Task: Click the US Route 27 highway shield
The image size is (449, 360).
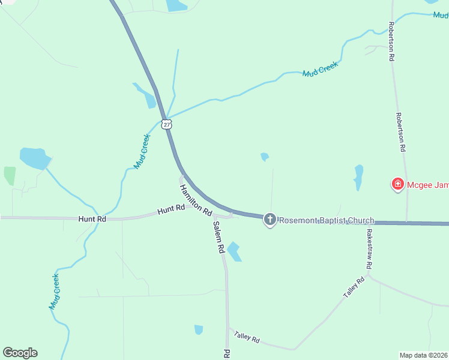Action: point(167,124)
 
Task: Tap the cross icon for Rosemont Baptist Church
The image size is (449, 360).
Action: point(270,220)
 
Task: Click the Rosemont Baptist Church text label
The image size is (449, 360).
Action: point(327,220)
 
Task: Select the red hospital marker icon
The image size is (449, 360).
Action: point(397,185)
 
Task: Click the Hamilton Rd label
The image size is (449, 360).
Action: point(196,200)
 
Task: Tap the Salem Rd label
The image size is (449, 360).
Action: point(219,237)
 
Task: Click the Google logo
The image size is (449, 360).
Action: point(20,353)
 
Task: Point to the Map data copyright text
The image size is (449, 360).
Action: point(424,355)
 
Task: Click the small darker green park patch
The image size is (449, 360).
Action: point(10,176)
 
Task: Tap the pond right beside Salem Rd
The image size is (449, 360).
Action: point(234,251)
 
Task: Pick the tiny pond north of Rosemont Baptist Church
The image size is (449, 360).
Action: point(265,157)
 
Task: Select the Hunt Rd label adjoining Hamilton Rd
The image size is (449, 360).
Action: point(171,211)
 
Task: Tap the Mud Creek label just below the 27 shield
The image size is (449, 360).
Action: point(142,151)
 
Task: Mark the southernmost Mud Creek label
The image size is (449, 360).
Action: point(55,292)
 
